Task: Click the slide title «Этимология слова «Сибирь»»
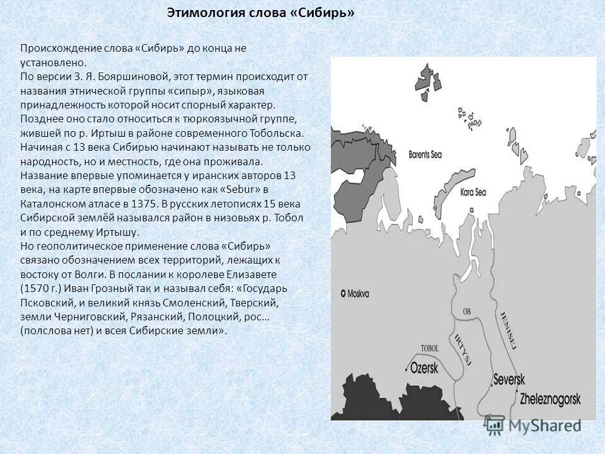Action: click(260, 13)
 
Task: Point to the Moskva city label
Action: click(359, 293)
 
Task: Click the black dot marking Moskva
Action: click(343, 293)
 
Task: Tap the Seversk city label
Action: click(509, 379)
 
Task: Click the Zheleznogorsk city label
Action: click(550, 398)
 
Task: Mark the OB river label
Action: click(467, 311)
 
